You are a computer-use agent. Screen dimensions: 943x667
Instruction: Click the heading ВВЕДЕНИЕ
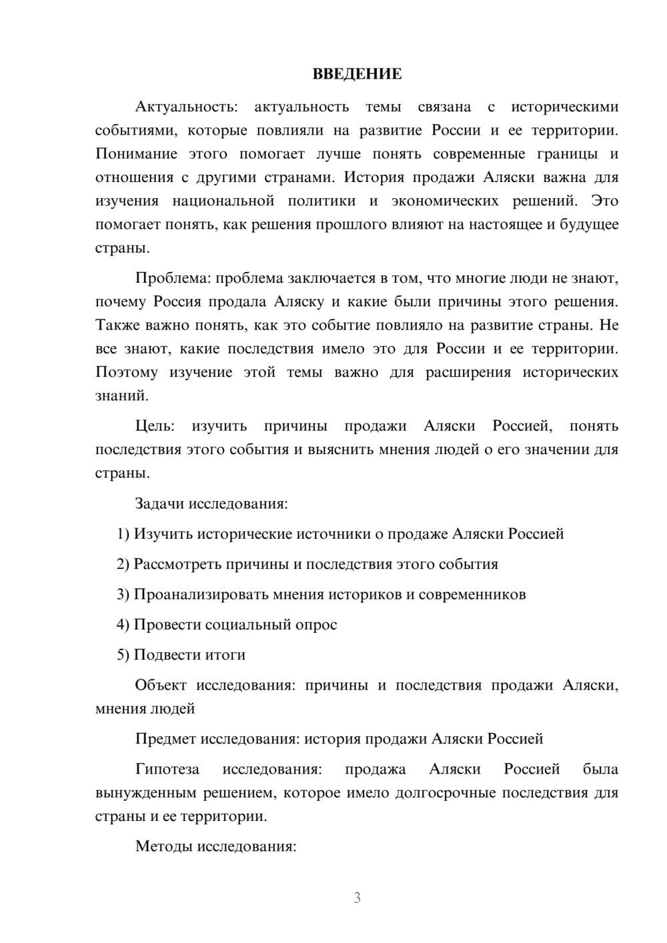click(x=357, y=74)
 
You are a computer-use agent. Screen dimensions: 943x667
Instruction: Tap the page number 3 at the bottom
click(x=357, y=898)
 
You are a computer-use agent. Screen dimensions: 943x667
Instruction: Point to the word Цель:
click(x=155, y=425)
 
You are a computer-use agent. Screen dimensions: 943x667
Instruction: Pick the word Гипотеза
click(x=167, y=769)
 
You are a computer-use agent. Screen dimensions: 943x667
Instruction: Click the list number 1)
click(x=123, y=534)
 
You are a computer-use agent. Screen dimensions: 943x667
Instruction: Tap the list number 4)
click(x=123, y=624)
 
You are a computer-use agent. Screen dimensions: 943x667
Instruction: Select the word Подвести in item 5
click(x=163, y=654)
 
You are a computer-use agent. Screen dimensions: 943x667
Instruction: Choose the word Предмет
click(x=165, y=738)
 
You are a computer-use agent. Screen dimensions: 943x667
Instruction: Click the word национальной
click(x=223, y=201)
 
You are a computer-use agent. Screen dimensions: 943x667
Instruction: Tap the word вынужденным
click(x=146, y=793)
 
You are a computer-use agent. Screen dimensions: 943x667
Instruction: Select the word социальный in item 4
click(x=246, y=624)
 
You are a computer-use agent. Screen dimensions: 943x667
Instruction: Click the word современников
click(x=472, y=594)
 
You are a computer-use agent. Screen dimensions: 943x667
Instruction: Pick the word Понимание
click(x=136, y=154)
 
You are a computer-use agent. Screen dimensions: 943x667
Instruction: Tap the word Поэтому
click(x=127, y=372)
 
